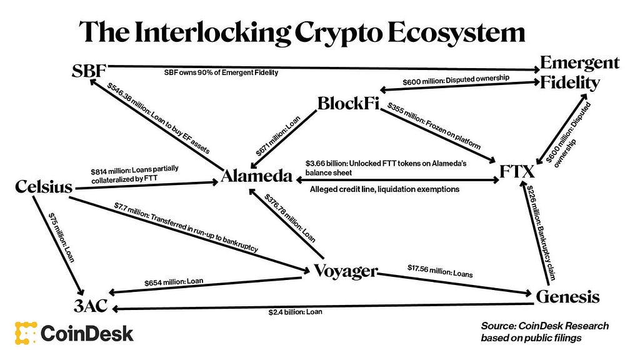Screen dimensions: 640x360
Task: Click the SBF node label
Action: point(89,71)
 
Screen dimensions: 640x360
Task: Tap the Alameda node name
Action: point(257,176)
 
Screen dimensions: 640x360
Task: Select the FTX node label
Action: point(517,171)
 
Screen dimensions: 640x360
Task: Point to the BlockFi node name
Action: point(348,103)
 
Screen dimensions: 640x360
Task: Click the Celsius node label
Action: point(44,186)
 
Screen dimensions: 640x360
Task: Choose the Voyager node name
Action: point(346,271)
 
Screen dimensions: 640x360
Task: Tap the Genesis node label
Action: point(567,296)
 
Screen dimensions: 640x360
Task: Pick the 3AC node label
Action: point(91,305)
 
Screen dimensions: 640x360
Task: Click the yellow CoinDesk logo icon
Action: point(26,333)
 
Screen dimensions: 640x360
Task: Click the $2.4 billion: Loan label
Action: point(295,312)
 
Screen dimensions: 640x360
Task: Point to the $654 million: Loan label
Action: point(174,282)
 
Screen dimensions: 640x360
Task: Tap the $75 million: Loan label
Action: point(61,237)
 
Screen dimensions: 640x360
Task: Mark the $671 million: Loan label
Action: point(278,136)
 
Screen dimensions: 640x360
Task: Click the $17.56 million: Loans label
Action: point(440,271)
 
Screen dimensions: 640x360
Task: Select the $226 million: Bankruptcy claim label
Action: point(541,232)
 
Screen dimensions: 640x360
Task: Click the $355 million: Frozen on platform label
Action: point(434,126)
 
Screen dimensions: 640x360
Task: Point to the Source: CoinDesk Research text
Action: point(544,326)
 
